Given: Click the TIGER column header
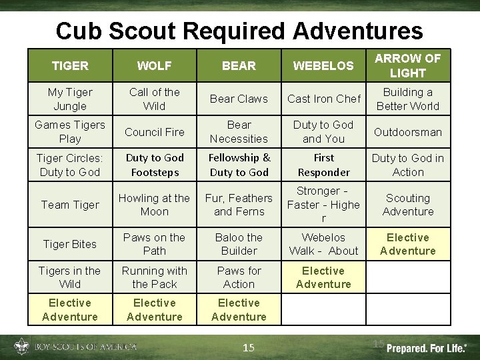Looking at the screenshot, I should coord(70,65).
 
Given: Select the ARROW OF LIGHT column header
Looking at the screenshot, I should coord(407,65).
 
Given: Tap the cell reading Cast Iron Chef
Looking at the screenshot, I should coord(323,99).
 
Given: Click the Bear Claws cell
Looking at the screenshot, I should coord(239,99).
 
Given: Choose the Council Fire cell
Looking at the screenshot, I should coord(154,132).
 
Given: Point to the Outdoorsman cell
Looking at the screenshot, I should coord(407,132).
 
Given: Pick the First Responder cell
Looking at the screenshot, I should coord(323,165).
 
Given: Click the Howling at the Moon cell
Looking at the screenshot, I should coord(154,205).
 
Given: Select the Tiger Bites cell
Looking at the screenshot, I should coord(70,244).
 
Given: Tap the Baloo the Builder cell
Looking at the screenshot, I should coord(239,244).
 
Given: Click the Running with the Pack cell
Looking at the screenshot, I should coord(154,277).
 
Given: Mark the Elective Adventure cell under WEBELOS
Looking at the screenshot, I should coord(323,277).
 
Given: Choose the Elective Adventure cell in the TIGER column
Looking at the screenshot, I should coord(70,310).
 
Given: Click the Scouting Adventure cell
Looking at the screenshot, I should coord(407,205).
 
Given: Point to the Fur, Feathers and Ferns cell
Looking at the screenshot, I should coord(239,205).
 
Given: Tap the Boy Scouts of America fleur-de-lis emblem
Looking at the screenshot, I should coord(21,347).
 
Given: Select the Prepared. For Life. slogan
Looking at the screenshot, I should coord(427,347).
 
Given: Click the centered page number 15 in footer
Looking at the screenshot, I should coord(248,347).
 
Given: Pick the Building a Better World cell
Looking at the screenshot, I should coord(407,99).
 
